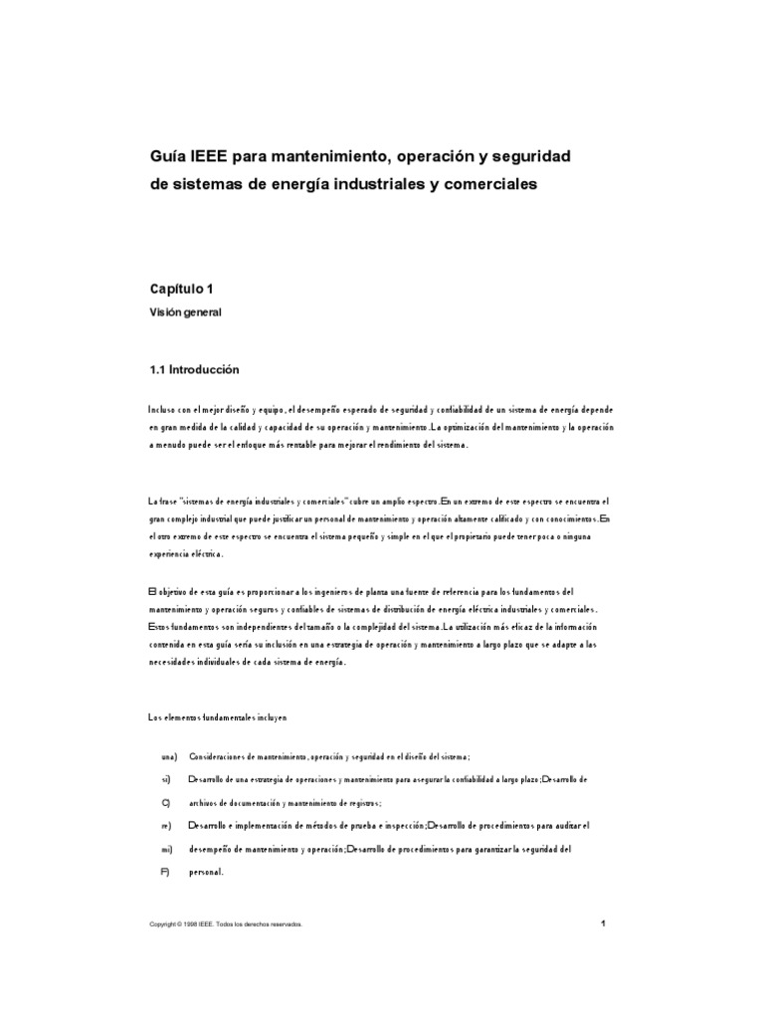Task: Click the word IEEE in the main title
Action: [209, 157]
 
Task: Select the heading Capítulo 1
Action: [181, 289]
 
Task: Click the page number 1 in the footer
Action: [603, 923]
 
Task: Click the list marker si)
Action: [167, 779]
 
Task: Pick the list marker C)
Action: [166, 802]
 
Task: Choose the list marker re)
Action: [167, 825]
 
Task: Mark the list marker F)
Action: [166, 872]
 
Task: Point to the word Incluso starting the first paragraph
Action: [161, 409]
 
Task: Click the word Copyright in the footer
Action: [164, 924]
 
